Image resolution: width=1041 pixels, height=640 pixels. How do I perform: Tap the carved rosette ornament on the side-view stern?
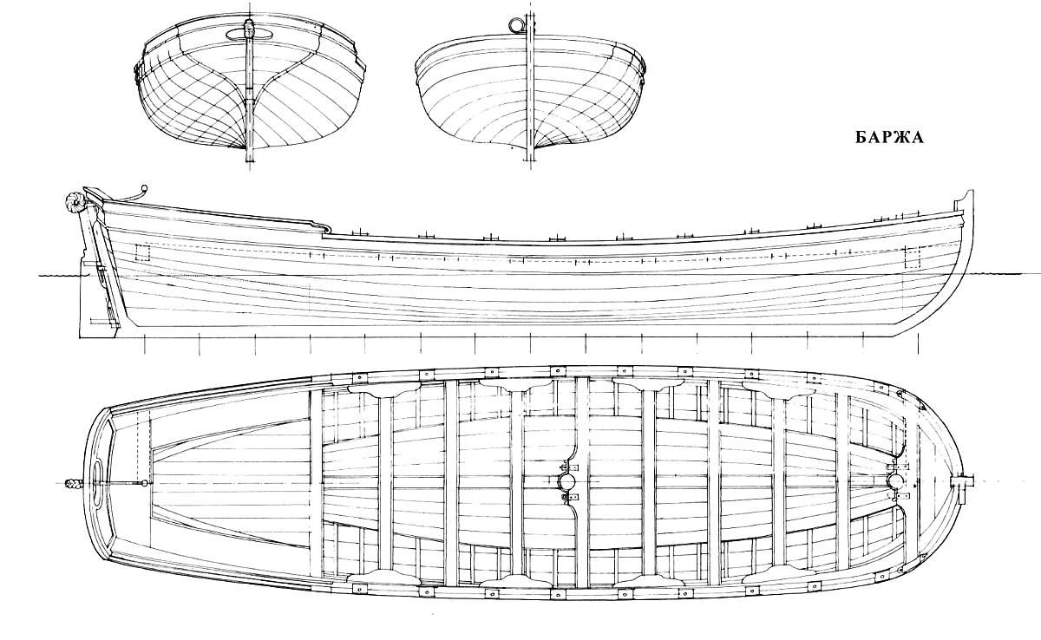pyautogui.click(x=72, y=203)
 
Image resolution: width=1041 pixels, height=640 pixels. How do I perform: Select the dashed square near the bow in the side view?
pyautogui.click(x=912, y=257)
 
